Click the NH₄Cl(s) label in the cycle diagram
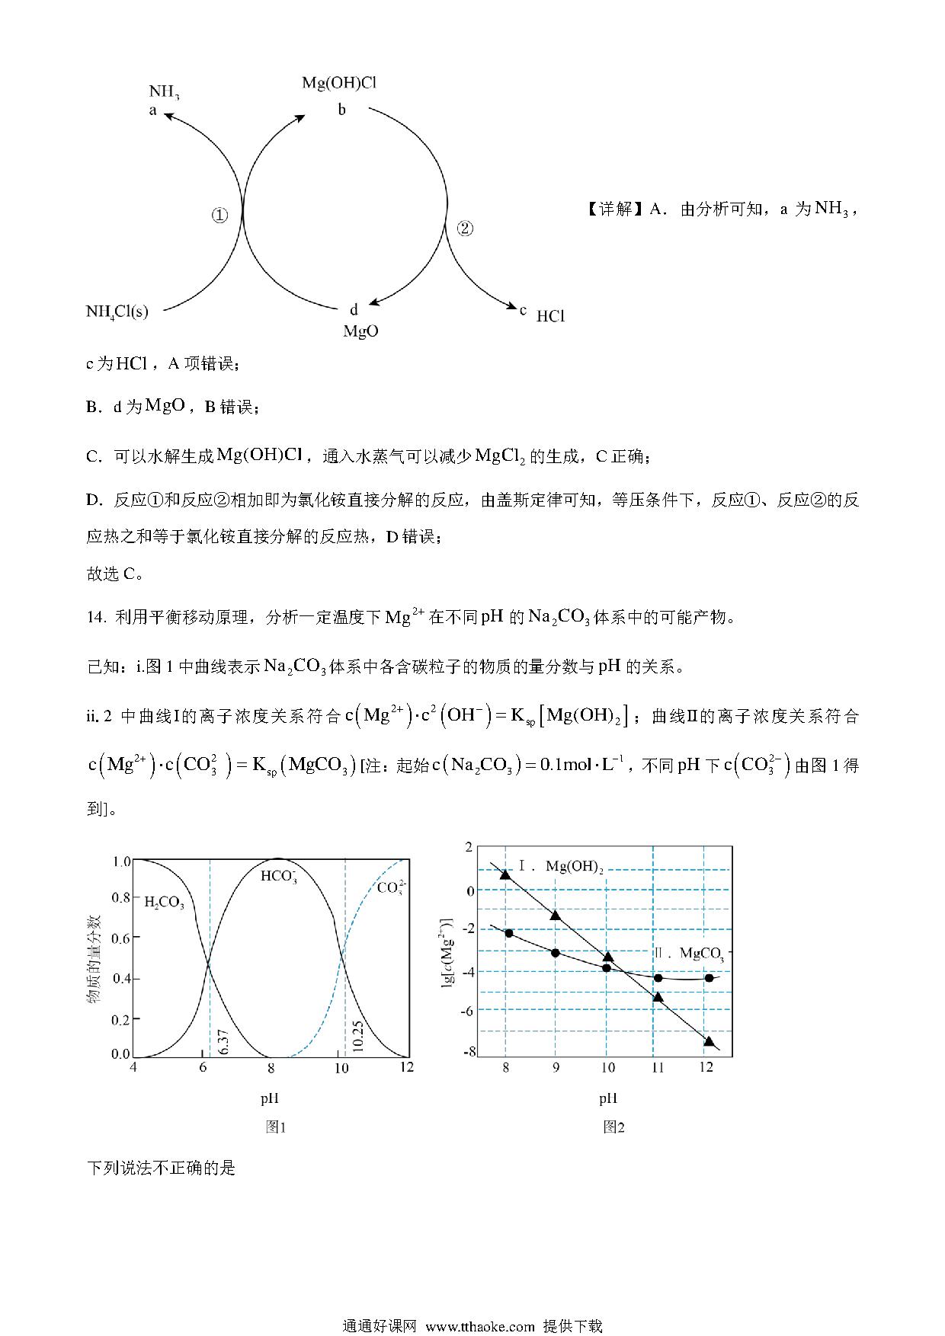tap(117, 311)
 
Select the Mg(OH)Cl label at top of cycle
tap(338, 82)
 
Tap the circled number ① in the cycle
tap(219, 216)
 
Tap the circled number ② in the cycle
tap(465, 229)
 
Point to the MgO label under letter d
tap(360, 331)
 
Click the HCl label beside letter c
tap(550, 316)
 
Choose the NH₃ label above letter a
tap(164, 92)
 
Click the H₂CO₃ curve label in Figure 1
tap(164, 903)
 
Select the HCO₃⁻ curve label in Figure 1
tap(279, 876)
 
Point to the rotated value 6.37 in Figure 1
tap(223, 1039)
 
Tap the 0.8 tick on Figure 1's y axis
tap(121, 897)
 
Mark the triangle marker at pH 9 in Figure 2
tap(556, 915)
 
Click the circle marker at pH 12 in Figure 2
tap(709, 978)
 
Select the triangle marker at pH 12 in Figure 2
tap(709, 1041)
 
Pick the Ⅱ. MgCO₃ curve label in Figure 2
tap(688, 953)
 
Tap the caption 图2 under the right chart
tap(613, 1127)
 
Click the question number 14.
tap(96, 618)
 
